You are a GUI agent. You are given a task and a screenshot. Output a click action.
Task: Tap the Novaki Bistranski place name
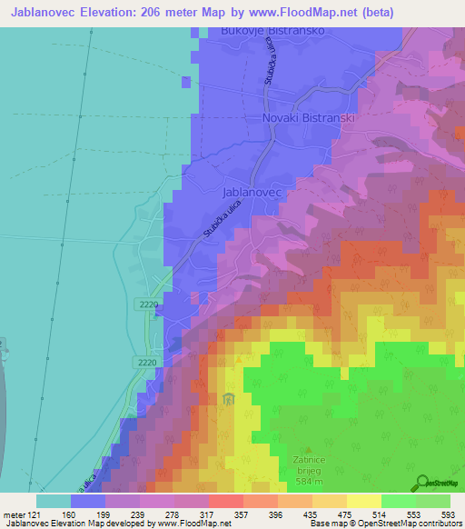click(306, 118)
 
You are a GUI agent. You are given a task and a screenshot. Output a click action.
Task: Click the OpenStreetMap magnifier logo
click(421, 483)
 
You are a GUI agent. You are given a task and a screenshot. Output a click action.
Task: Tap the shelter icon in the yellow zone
click(227, 397)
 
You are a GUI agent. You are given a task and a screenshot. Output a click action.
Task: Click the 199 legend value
click(88, 514)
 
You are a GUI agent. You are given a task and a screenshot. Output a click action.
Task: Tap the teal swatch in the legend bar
click(53, 501)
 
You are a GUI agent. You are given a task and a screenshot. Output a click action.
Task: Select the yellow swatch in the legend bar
click(363, 501)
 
